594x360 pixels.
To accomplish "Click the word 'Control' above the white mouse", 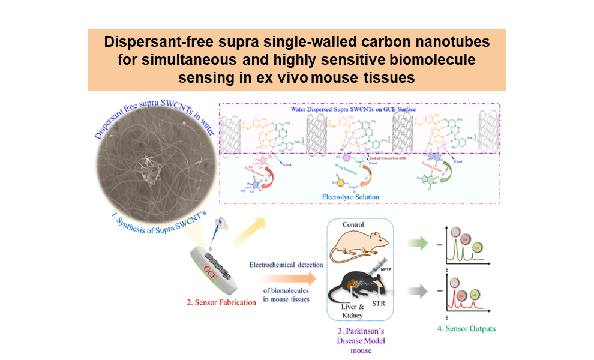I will (356, 225).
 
